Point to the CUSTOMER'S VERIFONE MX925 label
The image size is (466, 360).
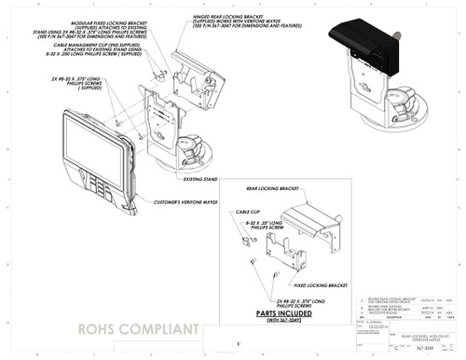coord(184,201)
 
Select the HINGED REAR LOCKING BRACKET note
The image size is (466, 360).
coord(275,21)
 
